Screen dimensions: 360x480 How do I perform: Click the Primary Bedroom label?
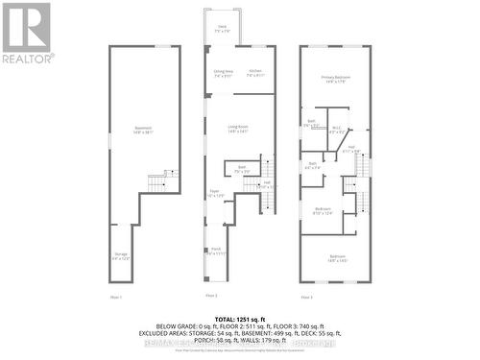pyautogui.click(x=334, y=80)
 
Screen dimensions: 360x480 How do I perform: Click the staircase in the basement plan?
pyautogui.click(x=157, y=180)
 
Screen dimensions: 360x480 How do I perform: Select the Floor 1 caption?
pyautogui.click(x=116, y=296)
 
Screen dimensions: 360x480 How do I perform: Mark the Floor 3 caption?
pyautogui.click(x=304, y=296)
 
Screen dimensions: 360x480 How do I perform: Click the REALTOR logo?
pyautogui.click(x=26, y=32)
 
